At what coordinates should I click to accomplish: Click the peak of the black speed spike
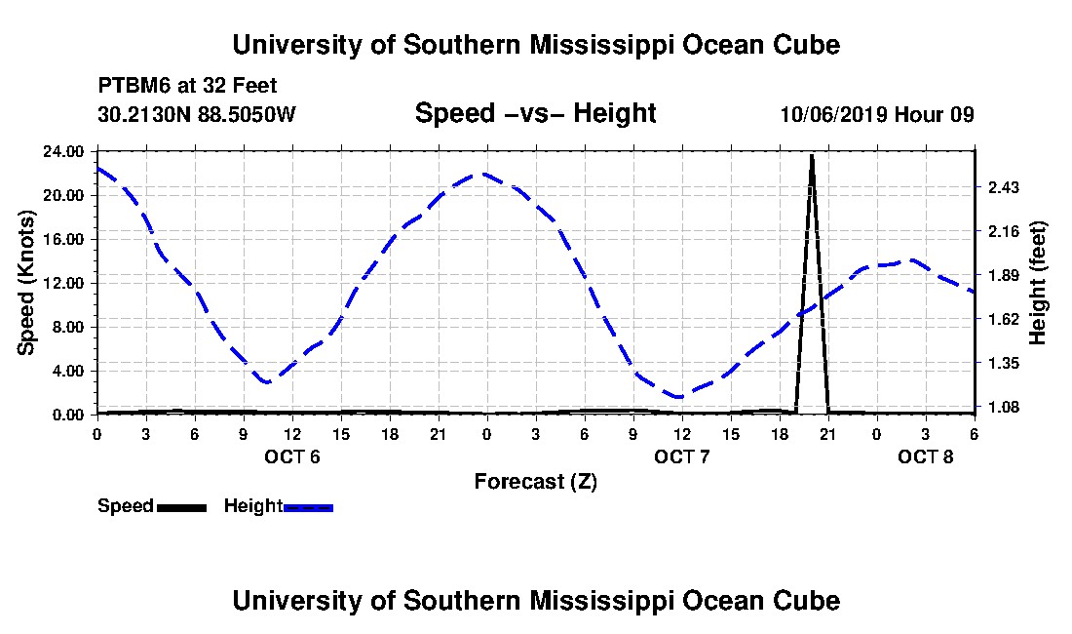click(x=812, y=155)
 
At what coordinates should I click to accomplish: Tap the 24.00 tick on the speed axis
click(x=63, y=151)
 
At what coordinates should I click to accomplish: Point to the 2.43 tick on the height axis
click(x=1004, y=187)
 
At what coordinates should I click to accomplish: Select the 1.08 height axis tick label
click(x=1004, y=408)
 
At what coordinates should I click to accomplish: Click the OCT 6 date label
click(x=292, y=456)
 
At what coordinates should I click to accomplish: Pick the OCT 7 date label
click(x=681, y=456)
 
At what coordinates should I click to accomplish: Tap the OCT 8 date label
click(x=925, y=456)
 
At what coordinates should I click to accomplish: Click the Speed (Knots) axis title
click(x=26, y=283)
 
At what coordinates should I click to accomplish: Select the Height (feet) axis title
click(x=1038, y=283)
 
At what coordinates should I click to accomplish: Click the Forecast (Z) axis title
click(x=536, y=482)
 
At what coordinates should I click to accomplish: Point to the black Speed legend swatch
click(x=181, y=507)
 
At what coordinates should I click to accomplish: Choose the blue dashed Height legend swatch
click(x=308, y=507)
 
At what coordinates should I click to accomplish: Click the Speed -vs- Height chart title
click(x=535, y=113)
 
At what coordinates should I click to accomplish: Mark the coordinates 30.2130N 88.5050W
click(x=196, y=114)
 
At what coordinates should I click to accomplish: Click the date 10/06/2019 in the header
click(x=834, y=114)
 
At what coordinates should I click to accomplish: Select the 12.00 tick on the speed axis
click(x=63, y=283)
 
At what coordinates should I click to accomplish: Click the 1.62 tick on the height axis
click(x=1004, y=319)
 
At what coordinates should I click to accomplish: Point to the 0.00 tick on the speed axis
click(x=67, y=416)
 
